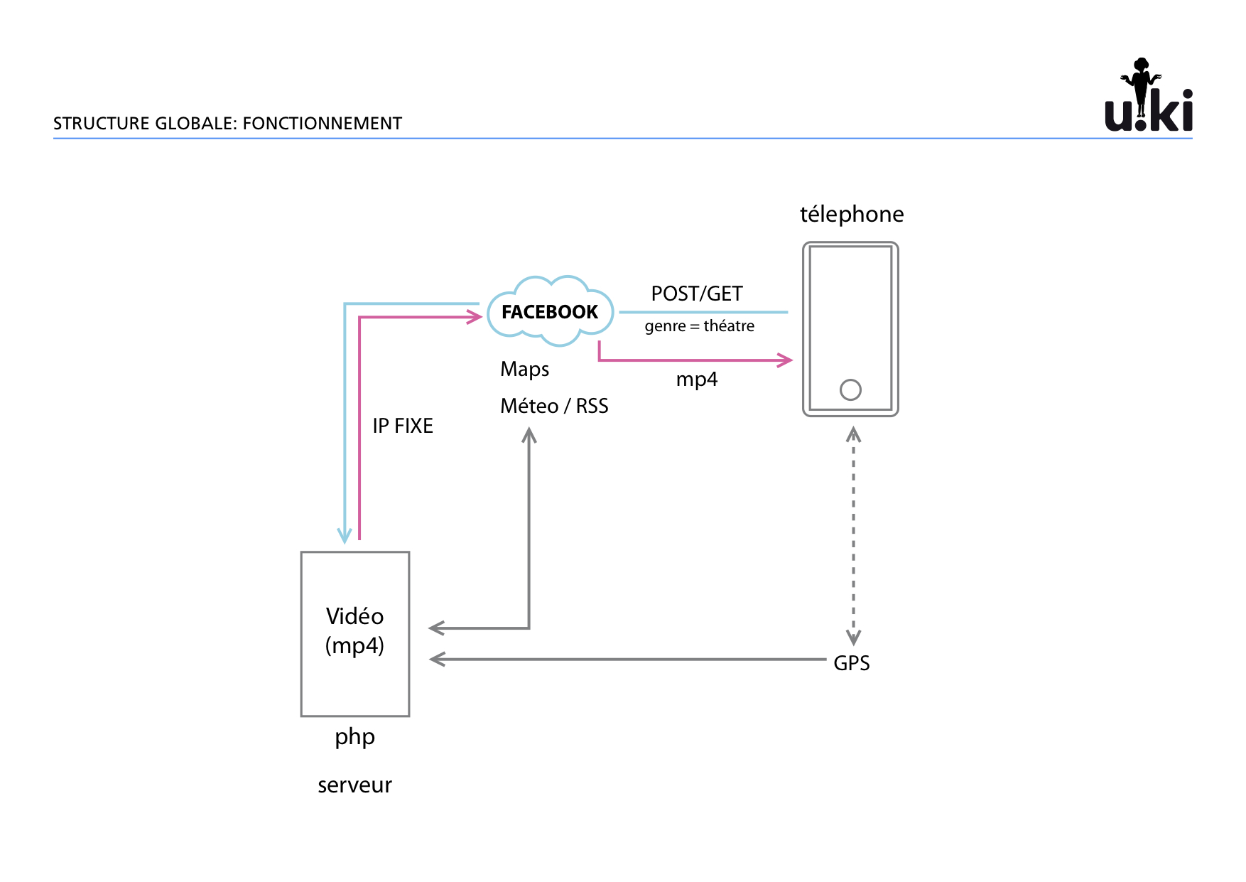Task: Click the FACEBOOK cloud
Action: [550, 312]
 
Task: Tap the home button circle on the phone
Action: [850, 389]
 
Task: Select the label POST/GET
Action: [696, 294]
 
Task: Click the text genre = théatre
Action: [700, 326]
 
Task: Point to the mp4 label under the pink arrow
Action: [696, 380]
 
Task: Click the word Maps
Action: [524, 370]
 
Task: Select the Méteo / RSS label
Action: [554, 406]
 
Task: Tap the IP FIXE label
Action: [403, 426]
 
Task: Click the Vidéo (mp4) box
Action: [355, 633]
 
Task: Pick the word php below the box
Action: [354, 737]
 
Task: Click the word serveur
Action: [354, 785]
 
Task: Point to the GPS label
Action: [851, 663]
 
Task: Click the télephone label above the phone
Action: [852, 214]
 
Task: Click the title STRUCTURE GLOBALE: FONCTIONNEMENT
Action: [227, 124]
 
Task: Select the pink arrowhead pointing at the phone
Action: [786, 360]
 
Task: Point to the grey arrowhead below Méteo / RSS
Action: [529, 435]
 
